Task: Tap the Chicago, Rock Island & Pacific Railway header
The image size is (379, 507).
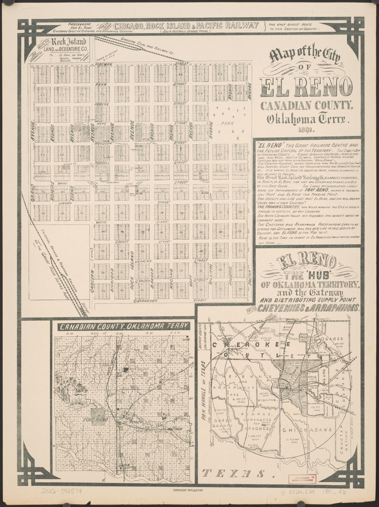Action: [186, 25]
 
